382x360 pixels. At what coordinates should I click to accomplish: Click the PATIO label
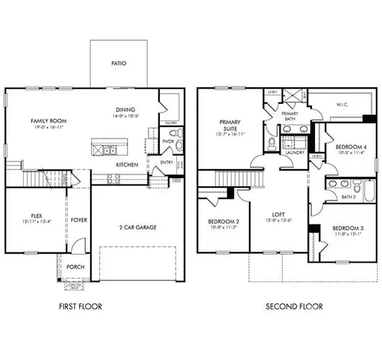pos(118,64)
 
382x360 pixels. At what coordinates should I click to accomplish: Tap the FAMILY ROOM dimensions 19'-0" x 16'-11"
pos(46,127)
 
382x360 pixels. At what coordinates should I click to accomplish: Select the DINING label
pos(126,109)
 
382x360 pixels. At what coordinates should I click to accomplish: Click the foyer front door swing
pos(76,245)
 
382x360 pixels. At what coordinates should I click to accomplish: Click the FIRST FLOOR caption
pos(76,306)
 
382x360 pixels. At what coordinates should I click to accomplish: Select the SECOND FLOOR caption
pos(294,306)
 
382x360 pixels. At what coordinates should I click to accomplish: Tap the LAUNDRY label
pos(294,153)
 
